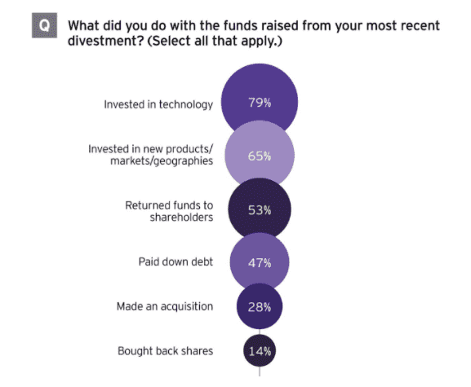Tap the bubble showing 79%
260,103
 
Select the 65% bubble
260,156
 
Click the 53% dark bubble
260,210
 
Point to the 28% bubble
260,306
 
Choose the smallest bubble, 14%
260,351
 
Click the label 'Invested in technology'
147,104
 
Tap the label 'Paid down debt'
175,262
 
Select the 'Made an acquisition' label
164,306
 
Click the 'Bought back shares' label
166,351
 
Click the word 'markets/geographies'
162,162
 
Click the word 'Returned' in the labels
149,204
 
